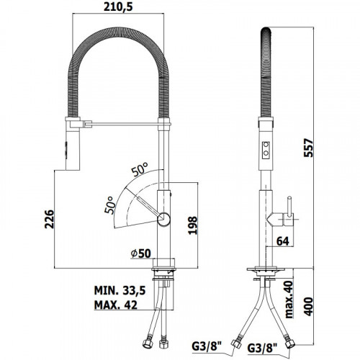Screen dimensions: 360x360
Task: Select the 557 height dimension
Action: point(308,148)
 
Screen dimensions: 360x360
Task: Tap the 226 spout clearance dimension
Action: point(50,219)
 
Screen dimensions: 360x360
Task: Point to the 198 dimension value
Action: point(192,225)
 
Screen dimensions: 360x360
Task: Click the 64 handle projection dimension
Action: point(283,241)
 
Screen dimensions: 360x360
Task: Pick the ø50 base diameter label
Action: point(140,253)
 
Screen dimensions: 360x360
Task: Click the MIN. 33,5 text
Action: point(120,290)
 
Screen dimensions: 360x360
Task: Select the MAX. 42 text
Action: point(116,305)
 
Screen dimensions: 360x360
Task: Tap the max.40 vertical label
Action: point(289,300)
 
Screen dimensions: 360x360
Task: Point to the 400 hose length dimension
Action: point(308,307)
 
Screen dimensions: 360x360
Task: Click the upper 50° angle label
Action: point(140,169)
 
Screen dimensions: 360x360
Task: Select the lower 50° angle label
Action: point(109,205)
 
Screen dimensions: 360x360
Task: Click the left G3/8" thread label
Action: point(204,346)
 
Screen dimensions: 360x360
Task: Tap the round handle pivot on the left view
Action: point(163,219)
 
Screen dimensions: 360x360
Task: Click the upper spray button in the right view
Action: point(266,145)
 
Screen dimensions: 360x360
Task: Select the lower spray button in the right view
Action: point(266,153)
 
